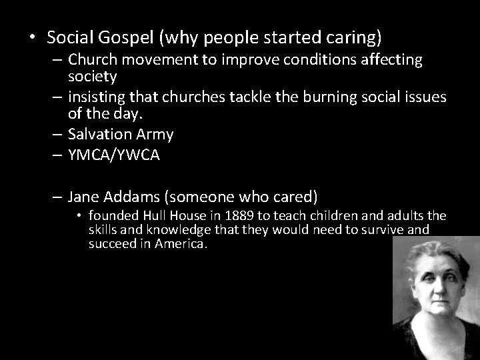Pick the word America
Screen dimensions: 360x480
[x=183, y=245]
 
